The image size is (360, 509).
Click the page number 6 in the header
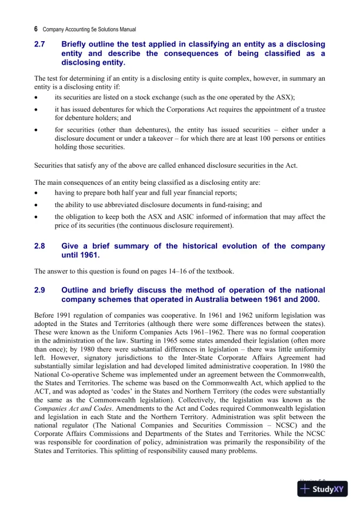[36, 28]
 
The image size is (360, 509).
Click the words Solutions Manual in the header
[115, 29]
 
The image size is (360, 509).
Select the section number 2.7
[40, 45]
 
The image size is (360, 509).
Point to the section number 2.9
[40, 290]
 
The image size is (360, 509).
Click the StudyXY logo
[323, 489]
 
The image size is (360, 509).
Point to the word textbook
[219, 271]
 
